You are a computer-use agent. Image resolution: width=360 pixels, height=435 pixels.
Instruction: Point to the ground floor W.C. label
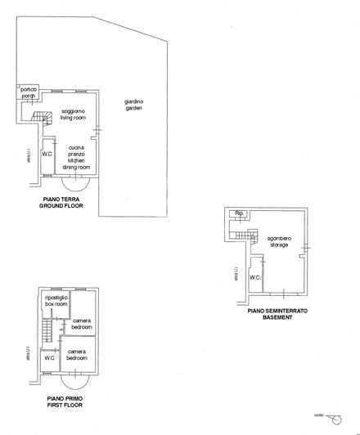(47, 154)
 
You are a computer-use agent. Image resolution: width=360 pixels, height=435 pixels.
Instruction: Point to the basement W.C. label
(254, 276)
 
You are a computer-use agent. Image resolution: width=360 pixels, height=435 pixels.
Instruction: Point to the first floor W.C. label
(49, 357)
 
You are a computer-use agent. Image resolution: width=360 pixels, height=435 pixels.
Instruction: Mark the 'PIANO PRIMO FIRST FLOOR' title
(64, 401)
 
